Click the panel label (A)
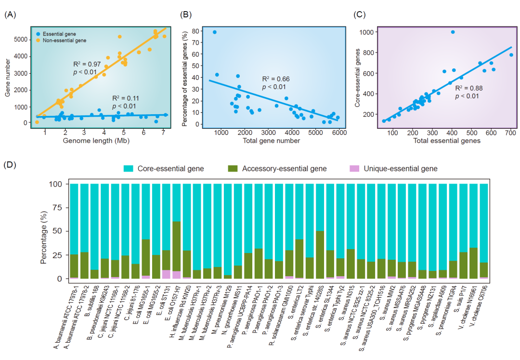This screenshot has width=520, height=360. click(x=10, y=14)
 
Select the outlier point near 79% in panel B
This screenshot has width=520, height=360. click(x=215, y=32)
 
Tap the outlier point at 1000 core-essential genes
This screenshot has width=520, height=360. click(x=453, y=32)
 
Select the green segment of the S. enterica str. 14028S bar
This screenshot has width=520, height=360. click(x=319, y=255)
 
